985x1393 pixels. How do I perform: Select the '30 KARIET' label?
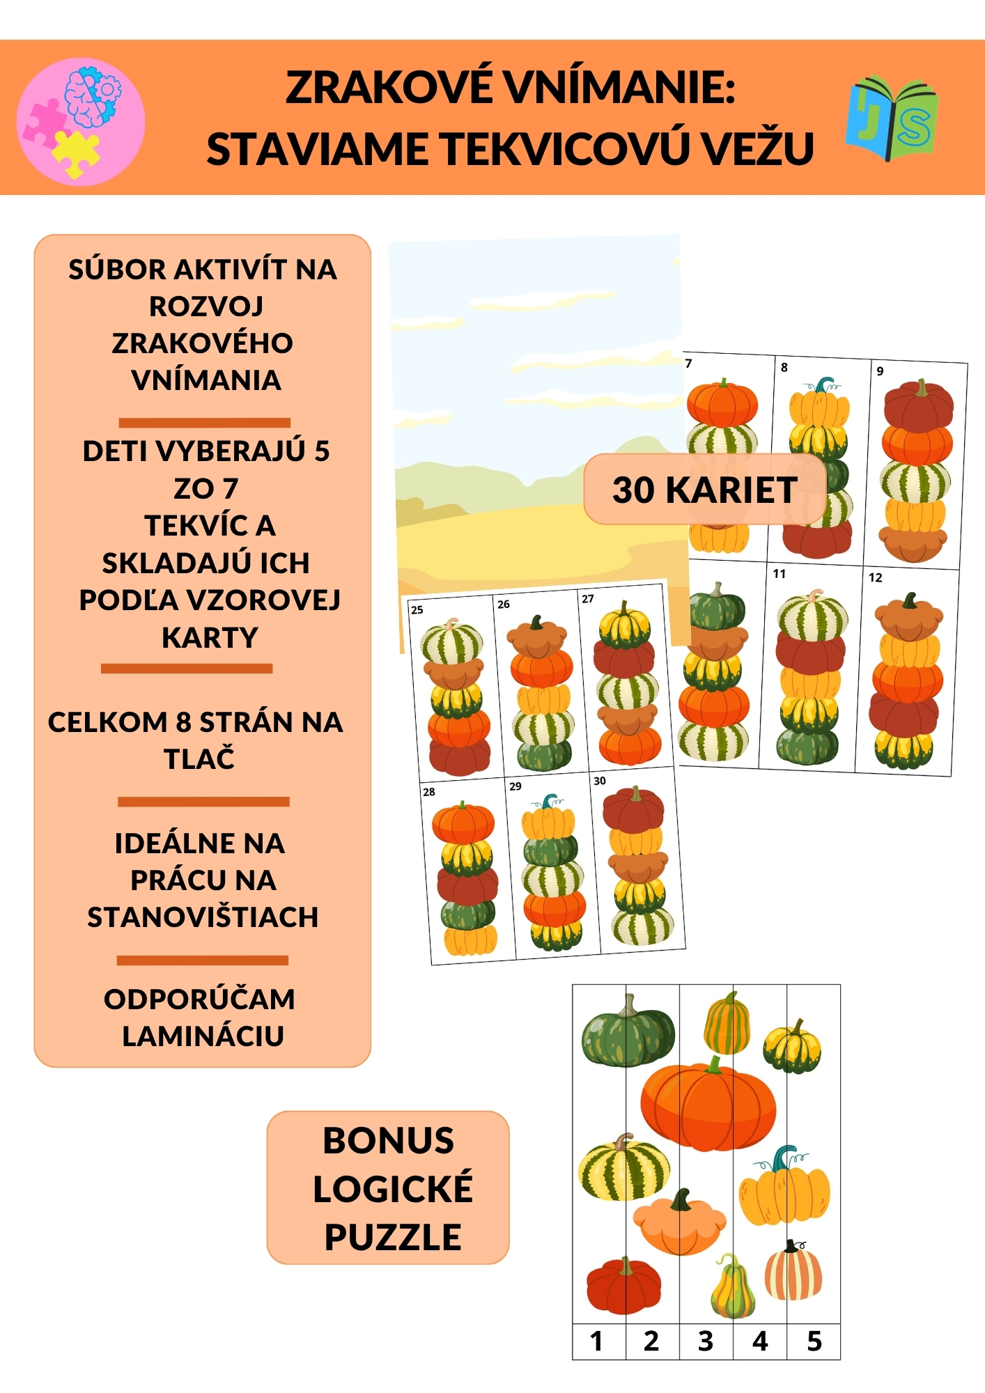click(705, 490)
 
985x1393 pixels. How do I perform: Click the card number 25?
click(417, 609)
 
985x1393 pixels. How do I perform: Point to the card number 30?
click(600, 781)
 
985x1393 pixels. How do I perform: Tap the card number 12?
click(876, 577)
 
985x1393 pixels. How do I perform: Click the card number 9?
click(880, 371)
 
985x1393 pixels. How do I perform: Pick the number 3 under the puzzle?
click(706, 1341)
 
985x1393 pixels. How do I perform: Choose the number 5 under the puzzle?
click(814, 1341)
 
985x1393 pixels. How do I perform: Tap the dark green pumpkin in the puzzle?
click(628, 1032)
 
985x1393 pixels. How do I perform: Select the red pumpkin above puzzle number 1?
click(623, 1286)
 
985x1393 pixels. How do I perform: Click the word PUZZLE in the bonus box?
click(393, 1237)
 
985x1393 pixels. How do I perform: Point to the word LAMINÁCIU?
click(203, 1036)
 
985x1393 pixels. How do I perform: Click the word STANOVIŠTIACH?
click(203, 917)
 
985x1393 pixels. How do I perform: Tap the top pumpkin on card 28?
click(463, 823)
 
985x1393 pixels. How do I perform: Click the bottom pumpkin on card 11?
click(807, 747)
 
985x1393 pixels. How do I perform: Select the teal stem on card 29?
click(550, 801)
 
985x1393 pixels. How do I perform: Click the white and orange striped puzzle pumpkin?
click(793, 1272)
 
